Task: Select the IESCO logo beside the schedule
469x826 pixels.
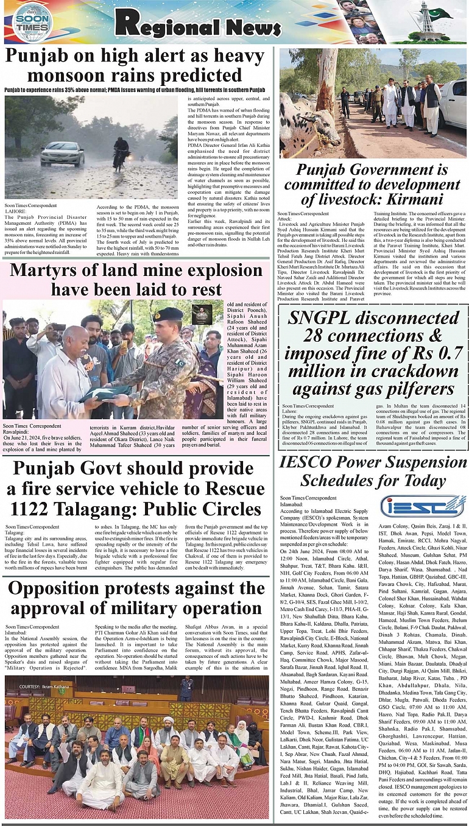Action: click(x=414, y=506)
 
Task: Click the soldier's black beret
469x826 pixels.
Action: click(x=169, y=314)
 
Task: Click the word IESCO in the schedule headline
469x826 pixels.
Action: click(x=311, y=462)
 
